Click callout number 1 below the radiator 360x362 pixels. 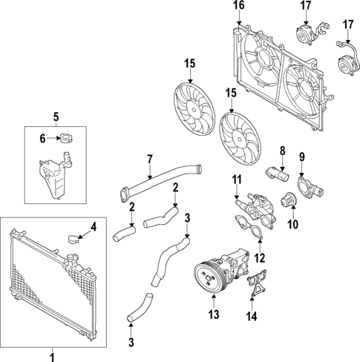pyautogui.click(x=52, y=356)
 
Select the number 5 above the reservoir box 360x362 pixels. pyautogui.click(x=54, y=116)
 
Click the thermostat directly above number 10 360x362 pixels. pyautogui.click(x=288, y=200)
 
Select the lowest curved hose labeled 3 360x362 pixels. pyautogui.click(x=139, y=306)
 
